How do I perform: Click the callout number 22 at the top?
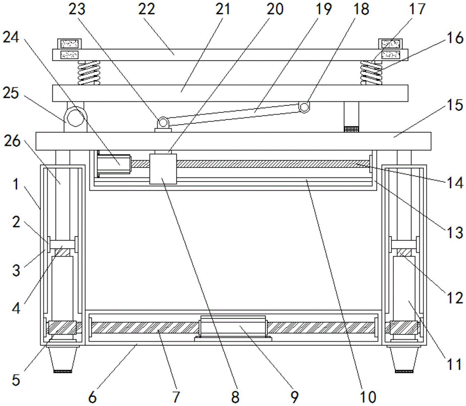pos(146,10)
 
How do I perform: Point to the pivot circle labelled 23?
pos(163,122)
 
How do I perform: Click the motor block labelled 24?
pos(113,164)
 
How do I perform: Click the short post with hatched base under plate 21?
pos(351,117)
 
